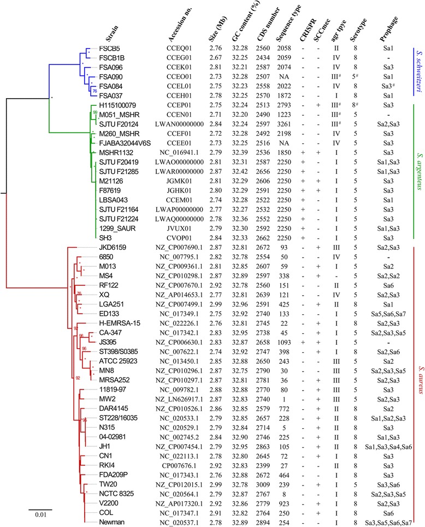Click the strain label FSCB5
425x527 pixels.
(109, 47)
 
